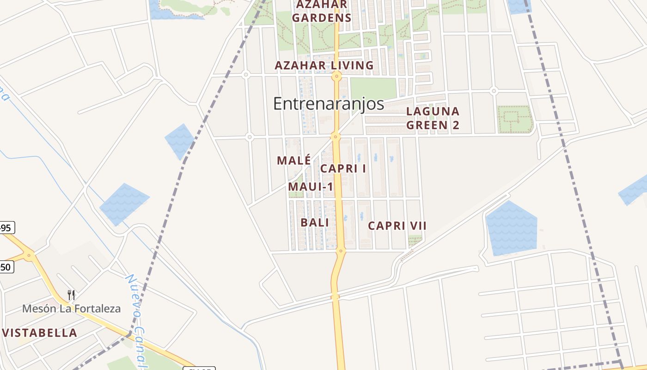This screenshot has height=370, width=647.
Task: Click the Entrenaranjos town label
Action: [x=329, y=104]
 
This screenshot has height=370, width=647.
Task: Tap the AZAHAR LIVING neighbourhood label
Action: [x=324, y=66]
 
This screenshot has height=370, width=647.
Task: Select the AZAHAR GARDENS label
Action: [x=322, y=11]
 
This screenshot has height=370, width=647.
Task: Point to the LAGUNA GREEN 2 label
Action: [x=433, y=118]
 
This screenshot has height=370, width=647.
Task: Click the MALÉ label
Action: [x=294, y=160]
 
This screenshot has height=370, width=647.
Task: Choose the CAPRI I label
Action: [x=343, y=168]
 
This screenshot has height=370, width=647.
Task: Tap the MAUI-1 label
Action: [x=311, y=187]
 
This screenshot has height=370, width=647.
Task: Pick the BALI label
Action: [x=315, y=222]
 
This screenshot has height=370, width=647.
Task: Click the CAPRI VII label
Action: [x=397, y=226]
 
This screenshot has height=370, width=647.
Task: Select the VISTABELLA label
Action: [x=40, y=333]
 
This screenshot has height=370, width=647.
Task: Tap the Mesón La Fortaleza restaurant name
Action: [x=72, y=308]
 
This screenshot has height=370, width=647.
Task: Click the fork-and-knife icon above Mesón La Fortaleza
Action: [x=71, y=295]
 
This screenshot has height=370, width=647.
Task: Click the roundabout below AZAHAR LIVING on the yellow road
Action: [x=337, y=76]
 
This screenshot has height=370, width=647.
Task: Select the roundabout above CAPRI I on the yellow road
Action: [x=336, y=136]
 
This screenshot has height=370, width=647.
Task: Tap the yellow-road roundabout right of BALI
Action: [x=341, y=251]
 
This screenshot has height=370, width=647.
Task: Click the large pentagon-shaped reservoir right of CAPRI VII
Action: [x=511, y=228]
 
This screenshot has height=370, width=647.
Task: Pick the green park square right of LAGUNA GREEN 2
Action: [x=515, y=119]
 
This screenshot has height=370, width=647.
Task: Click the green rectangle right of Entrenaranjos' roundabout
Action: [x=373, y=88]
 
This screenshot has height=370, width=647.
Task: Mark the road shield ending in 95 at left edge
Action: [x=7, y=228]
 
